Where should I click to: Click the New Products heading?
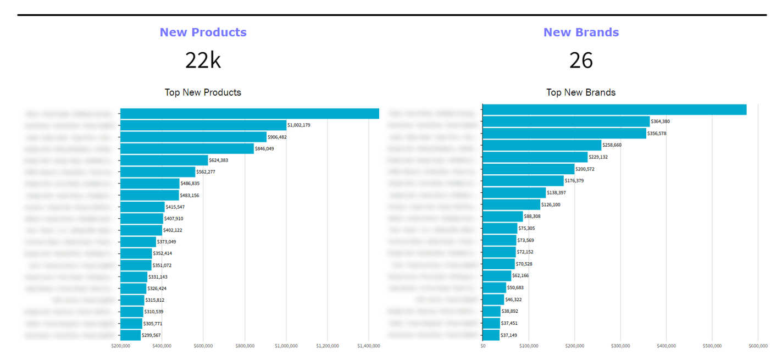203,32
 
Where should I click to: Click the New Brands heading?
581,32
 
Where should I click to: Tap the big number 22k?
203,60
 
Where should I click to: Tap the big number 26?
581,60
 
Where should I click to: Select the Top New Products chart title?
203,92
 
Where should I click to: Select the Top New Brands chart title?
581,92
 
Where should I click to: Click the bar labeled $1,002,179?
203,125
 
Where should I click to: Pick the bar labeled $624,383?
164,160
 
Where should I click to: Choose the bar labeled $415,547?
142,207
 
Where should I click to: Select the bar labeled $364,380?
566,121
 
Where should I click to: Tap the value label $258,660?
616,146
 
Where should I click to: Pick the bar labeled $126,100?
511,204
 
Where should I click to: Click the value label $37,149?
509,335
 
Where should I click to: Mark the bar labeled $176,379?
523,181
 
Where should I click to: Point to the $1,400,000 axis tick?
368,346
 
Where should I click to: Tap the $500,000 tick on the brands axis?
712,346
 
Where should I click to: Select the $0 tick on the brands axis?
482,346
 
